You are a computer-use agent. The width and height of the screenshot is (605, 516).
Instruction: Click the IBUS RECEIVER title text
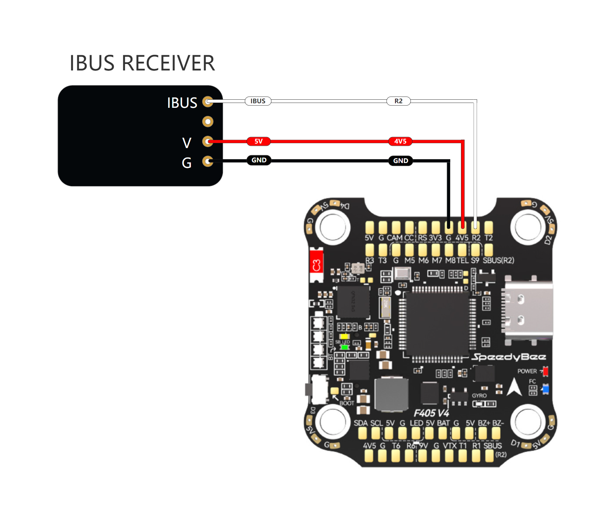142,63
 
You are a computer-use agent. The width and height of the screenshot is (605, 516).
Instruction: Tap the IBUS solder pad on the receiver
208,102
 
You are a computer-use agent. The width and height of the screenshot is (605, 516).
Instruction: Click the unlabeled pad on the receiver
208,121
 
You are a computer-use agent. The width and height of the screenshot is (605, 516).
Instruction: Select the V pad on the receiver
208,141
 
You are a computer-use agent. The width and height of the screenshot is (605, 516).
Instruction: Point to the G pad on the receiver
208,161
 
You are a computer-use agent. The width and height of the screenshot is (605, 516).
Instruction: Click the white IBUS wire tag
258,101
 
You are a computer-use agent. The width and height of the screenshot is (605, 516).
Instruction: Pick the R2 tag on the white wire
398,101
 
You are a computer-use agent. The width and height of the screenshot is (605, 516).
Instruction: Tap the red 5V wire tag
258,141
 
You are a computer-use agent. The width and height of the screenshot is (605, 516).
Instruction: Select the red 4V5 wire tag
400,141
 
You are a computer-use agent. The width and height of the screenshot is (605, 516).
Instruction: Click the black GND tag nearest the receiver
259,160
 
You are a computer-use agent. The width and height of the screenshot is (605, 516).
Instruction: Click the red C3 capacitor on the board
316,265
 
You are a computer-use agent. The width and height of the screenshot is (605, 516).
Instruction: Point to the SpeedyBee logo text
508,357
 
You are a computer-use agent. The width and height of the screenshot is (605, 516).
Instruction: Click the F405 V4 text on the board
431,413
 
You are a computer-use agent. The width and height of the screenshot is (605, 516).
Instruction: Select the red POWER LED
546,371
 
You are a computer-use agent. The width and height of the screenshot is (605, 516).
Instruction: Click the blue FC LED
546,389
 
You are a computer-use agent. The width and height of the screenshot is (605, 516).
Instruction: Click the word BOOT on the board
347,403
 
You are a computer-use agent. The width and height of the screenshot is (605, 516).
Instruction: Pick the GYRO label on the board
479,396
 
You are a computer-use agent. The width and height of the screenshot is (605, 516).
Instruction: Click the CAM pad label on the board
394,238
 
